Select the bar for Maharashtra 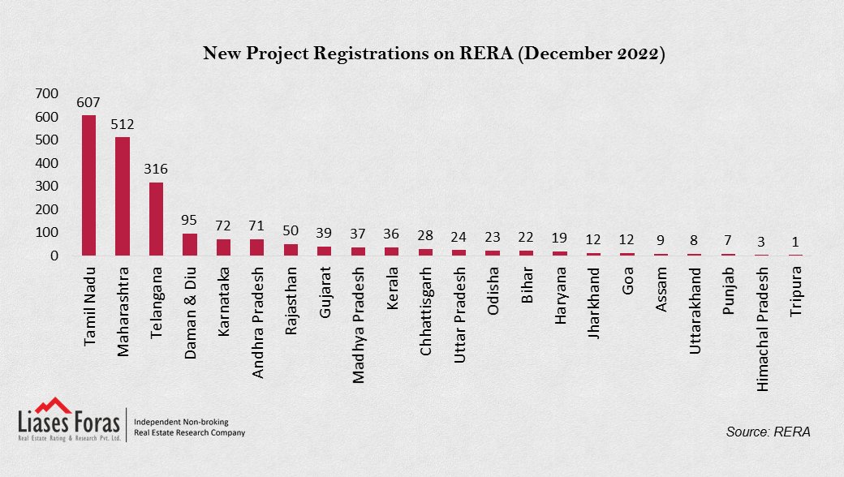pyautogui.click(x=123, y=196)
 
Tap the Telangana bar pyautogui.click(x=156, y=219)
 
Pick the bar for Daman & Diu pyautogui.click(x=190, y=244)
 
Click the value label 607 pyautogui.click(x=88, y=103)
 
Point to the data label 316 pyautogui.click(x=156, y=170)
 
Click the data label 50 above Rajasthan pyautogui.click(x=291, y=230)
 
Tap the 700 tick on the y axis pyautogui.click(x=47, y=94)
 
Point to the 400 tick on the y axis pyautogui.click(x=47, y=163)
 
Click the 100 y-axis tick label pyautogui.click(x=47, y=233)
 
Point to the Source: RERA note pyautogui.click(x=768, y=432)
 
